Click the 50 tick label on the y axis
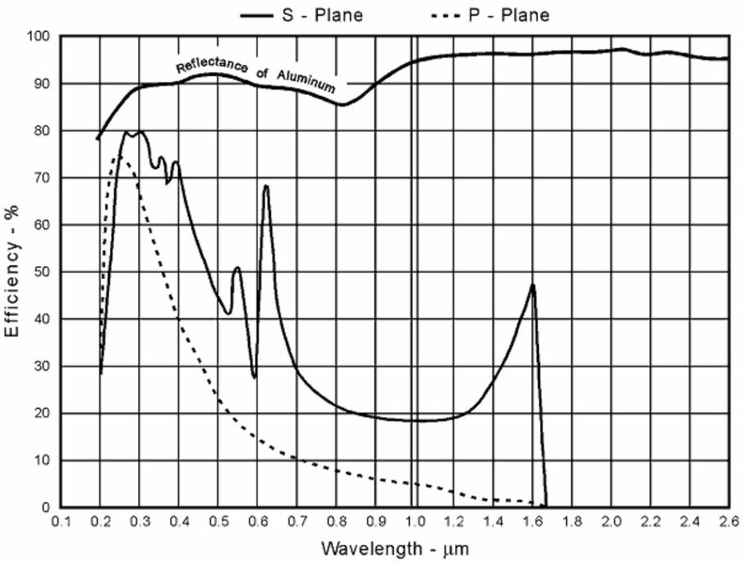pos(41,272)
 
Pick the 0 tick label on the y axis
pos(45,508)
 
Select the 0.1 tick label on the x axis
pos(62,522)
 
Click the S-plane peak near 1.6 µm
pos(533,284)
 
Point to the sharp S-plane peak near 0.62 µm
pos(266,185)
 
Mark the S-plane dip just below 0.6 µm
pos(254,377)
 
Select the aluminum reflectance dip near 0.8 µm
pos(341,104)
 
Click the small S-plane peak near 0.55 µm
pos(237,268)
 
